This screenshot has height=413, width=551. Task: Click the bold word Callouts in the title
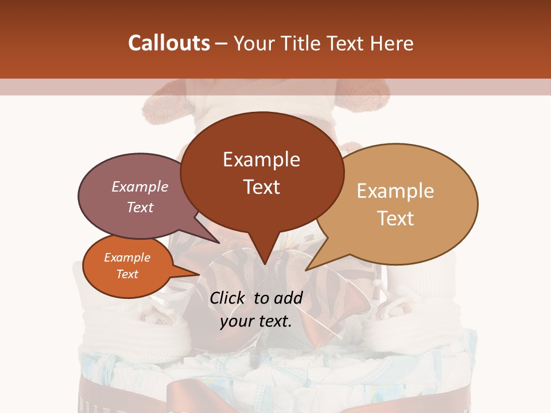tap(169, 43)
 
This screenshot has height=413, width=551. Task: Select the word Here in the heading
tap(393, 43)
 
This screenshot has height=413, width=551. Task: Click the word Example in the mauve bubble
tap(140, 186)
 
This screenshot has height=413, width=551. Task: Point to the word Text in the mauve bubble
tap(140, 207)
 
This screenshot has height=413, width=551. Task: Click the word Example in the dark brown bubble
tap(261, 159)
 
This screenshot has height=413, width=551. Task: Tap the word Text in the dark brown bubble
tap(261, 187)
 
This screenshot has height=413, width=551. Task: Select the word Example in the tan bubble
tap(395, 191)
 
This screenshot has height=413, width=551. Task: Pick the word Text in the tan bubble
tap(395, 219)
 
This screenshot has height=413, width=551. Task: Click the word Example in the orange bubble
tap(127, 258)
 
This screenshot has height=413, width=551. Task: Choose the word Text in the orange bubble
tap(127, 274)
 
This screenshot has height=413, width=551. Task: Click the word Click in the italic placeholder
tap(228, 298)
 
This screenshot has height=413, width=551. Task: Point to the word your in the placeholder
tap(236, 321)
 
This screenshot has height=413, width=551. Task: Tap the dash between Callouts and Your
tap(222, 43)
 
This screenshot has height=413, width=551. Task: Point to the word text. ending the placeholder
tap(275, 321)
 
